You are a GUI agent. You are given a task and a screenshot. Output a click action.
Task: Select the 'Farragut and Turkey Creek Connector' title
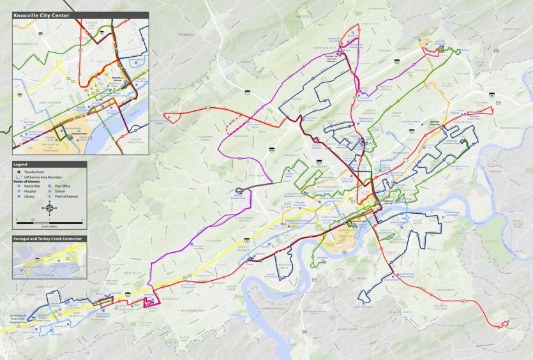point(49,239)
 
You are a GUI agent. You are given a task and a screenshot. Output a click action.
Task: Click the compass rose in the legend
point(50,207)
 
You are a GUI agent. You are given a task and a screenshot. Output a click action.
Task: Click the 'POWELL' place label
point(186,34)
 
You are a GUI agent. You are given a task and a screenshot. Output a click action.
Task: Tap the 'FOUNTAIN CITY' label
point(325,47)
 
